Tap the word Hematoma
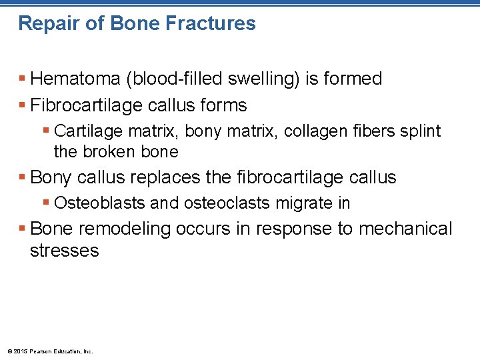(x=75, y=79)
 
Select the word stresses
(x=64, y=251)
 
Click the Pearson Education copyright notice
(x=50, y=351)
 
